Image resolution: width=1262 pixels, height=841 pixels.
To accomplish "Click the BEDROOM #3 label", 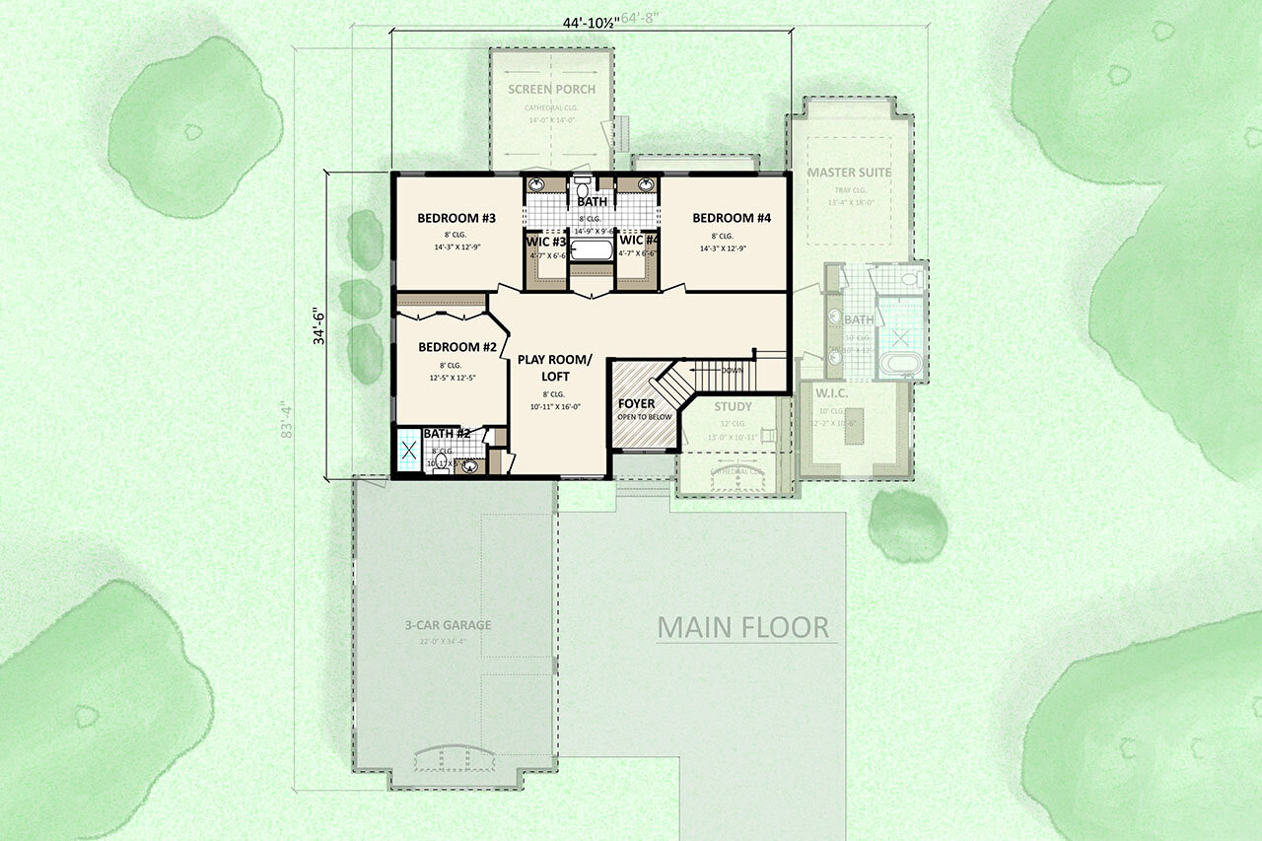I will pos(456,218).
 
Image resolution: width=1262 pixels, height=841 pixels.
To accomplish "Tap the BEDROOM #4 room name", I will pos(731,218).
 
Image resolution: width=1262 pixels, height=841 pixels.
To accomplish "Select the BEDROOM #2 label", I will pos(456,347).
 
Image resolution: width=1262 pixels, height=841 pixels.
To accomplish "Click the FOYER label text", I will pos(636,404).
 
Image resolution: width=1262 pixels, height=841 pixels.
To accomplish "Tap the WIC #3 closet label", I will pos(544,241).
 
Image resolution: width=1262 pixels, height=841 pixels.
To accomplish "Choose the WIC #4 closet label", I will pos(638,241).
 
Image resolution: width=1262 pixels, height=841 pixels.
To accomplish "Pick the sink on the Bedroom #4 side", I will pos(646,185).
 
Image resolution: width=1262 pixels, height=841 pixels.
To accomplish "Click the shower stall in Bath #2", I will pos(407,453).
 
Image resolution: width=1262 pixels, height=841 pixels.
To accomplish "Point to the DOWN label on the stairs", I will pos(733,371).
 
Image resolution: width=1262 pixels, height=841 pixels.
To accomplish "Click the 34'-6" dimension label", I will pos(317,327).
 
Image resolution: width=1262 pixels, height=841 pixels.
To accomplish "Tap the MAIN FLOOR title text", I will pos(743,627).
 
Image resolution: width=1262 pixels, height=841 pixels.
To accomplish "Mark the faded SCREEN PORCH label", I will pos(552,89).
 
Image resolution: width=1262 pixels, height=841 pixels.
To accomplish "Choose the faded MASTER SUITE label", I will pos(849,173).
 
